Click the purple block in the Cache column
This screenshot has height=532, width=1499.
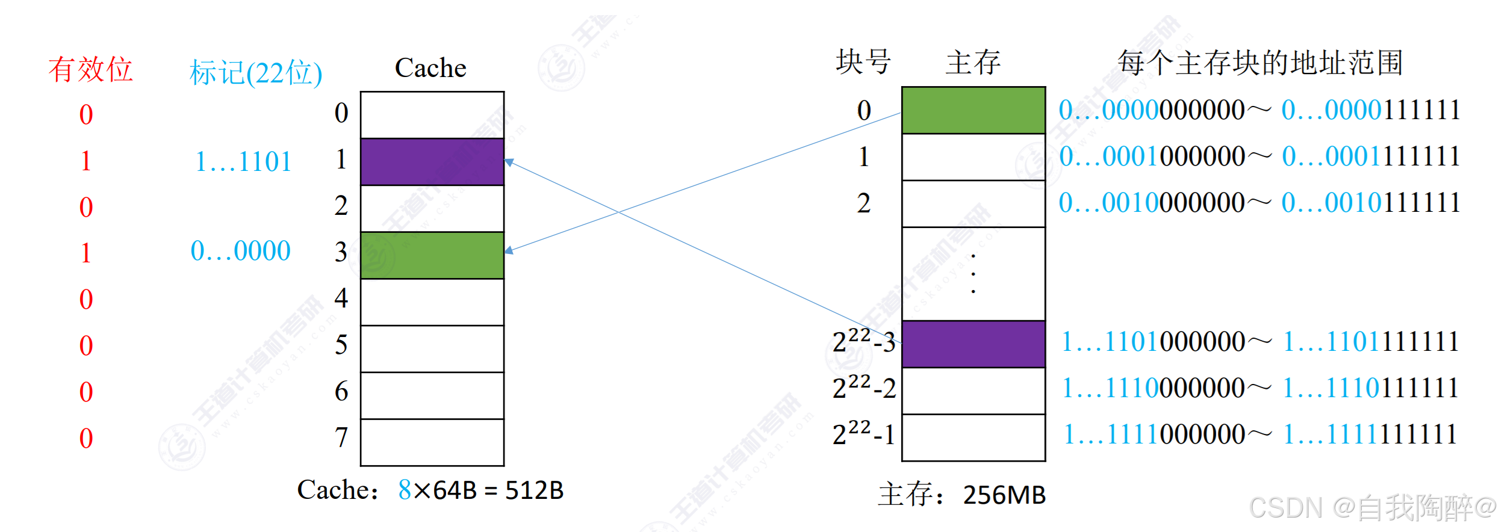coord(432,162)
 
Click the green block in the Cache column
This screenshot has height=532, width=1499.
coord(432,255)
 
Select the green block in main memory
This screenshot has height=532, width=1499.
coord(973,110)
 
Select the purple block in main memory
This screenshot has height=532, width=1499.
coord(973,344)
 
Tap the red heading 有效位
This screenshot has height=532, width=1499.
coord(90,69)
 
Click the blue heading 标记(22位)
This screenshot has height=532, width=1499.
coord(256,73)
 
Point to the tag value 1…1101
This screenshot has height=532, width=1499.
coord(244,161)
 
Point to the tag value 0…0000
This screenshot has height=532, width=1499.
coord(241,250)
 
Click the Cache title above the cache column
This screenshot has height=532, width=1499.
coord(430,67)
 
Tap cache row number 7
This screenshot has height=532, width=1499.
coord(341,437)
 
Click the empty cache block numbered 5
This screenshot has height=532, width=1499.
coord(432,348)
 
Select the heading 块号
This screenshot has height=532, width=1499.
coord(863,62)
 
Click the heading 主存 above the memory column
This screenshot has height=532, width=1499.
coord(973,62)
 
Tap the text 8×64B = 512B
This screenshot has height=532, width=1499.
coord(480,490)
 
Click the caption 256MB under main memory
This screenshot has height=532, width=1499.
coord(1004,495)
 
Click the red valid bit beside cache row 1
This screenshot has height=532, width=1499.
coord(85,161)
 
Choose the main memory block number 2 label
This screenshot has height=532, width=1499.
coord(863,203)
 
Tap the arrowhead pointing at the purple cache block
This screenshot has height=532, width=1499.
coord(509,162)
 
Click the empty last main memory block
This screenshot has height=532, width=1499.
coord(973,437)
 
